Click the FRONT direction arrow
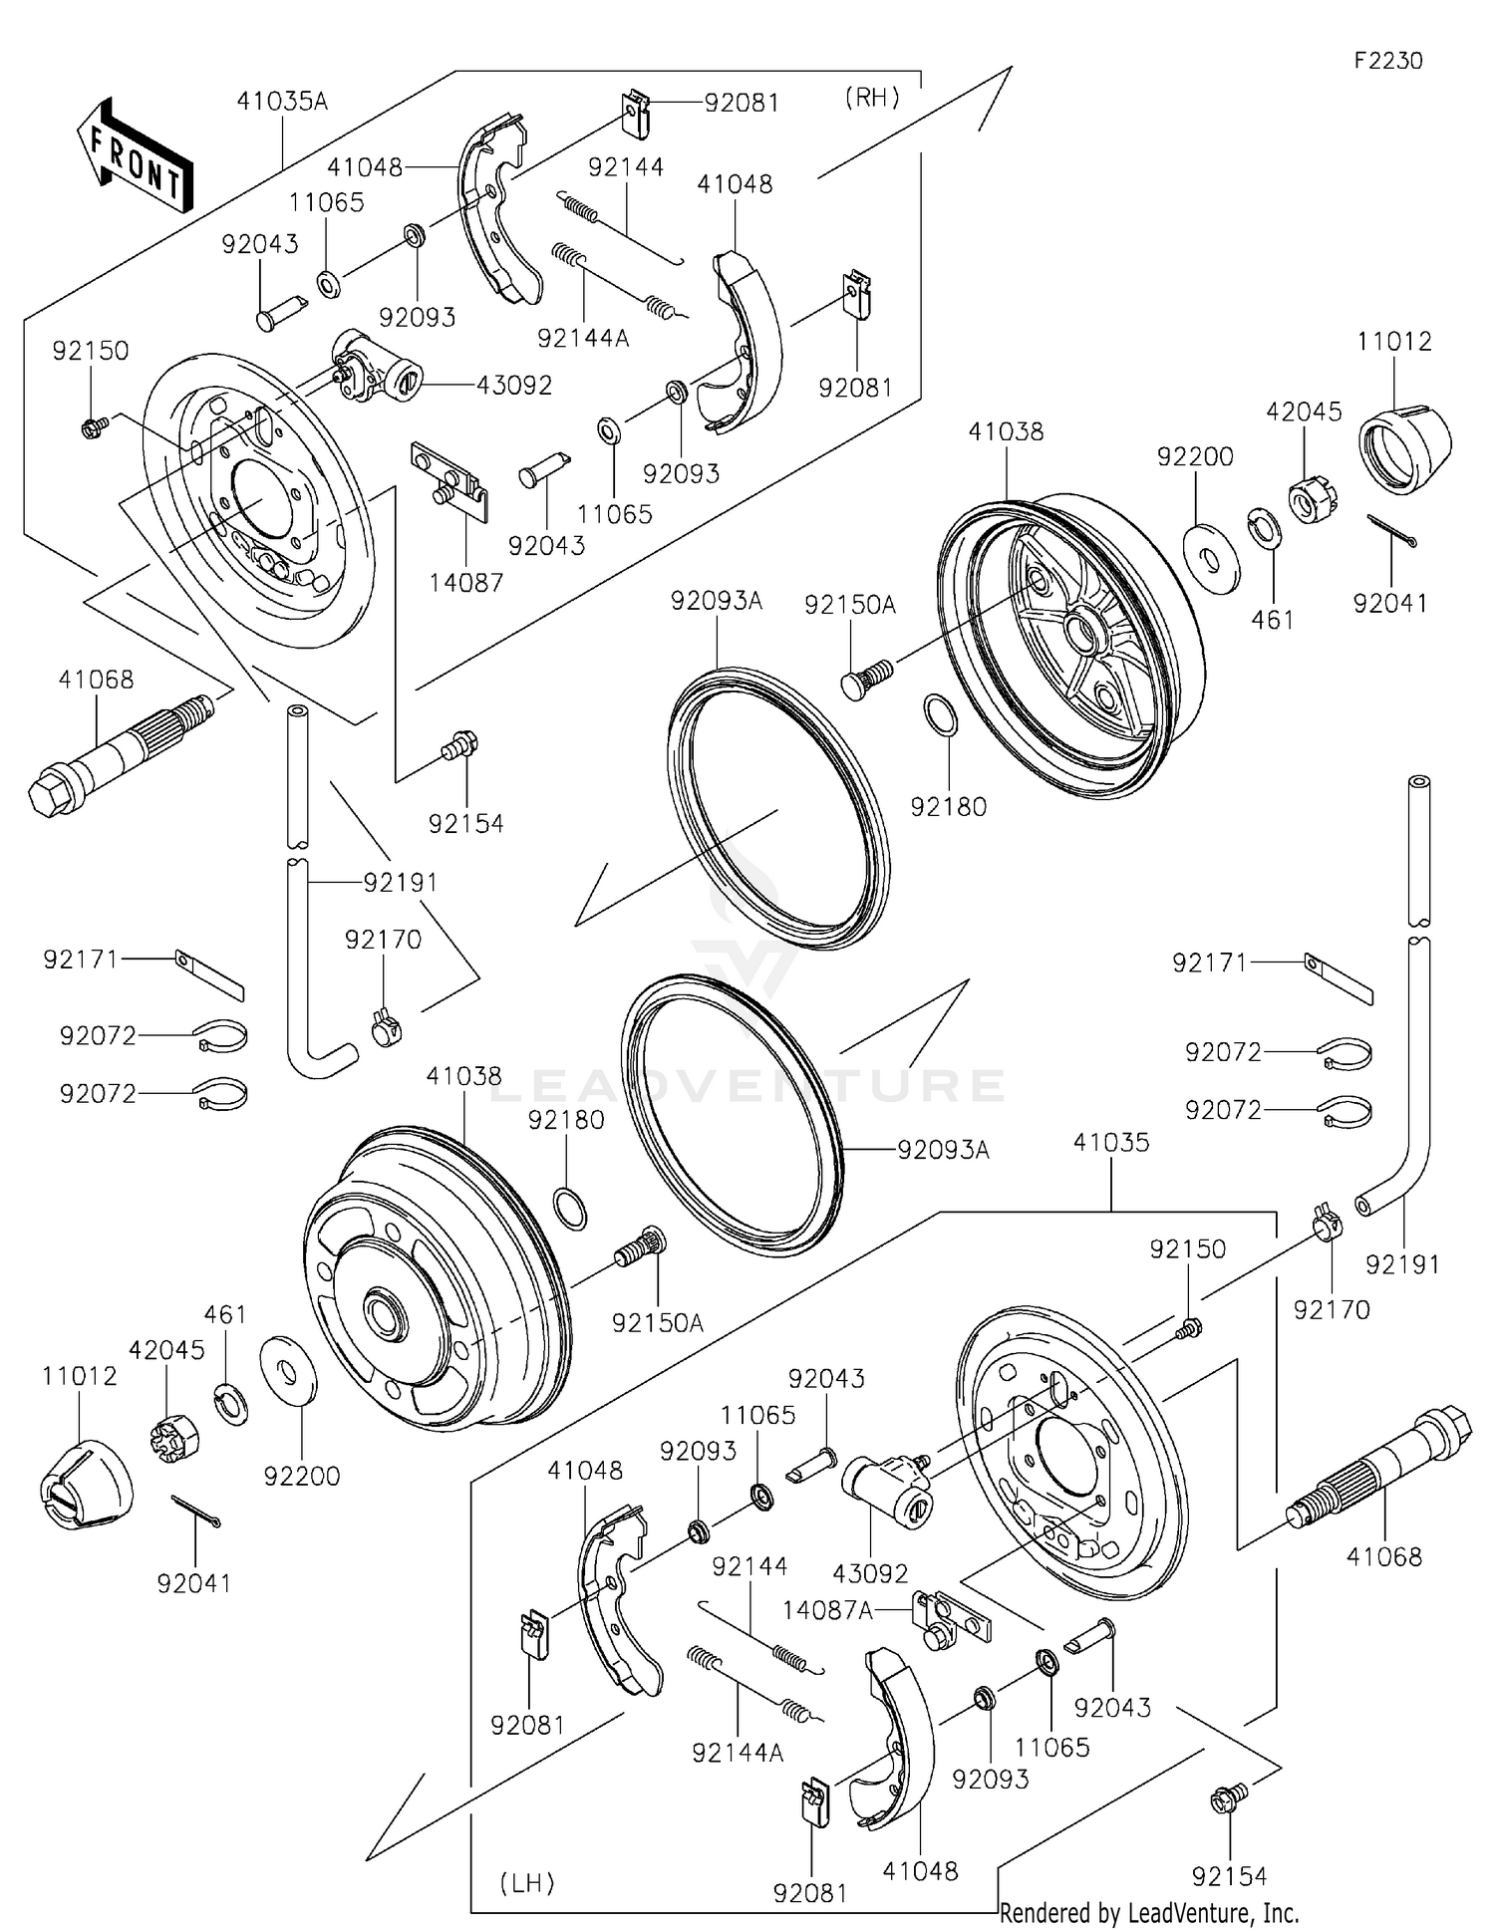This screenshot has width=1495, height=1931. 135,156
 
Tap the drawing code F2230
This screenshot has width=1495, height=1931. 1387,61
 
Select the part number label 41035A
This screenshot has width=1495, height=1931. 282,101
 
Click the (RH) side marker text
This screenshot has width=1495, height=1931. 872,97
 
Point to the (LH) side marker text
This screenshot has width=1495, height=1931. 526,1882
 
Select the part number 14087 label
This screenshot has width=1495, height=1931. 466,582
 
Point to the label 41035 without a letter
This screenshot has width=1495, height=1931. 1110,1142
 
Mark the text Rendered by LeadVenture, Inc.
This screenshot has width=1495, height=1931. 1149,1912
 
